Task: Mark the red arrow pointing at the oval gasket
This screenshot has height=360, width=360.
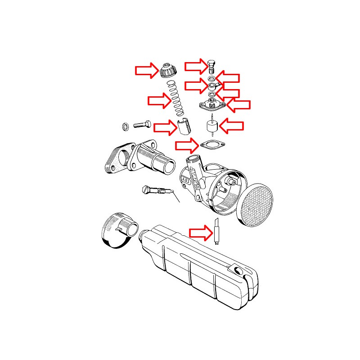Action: tap(187, 145)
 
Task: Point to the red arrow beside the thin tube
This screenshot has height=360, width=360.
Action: tap(200, 233)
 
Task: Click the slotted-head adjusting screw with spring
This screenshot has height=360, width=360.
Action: tap(157, 191)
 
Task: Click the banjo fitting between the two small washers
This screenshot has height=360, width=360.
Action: tap(212, 85)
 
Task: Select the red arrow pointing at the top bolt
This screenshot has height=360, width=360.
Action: tap(197, 67)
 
